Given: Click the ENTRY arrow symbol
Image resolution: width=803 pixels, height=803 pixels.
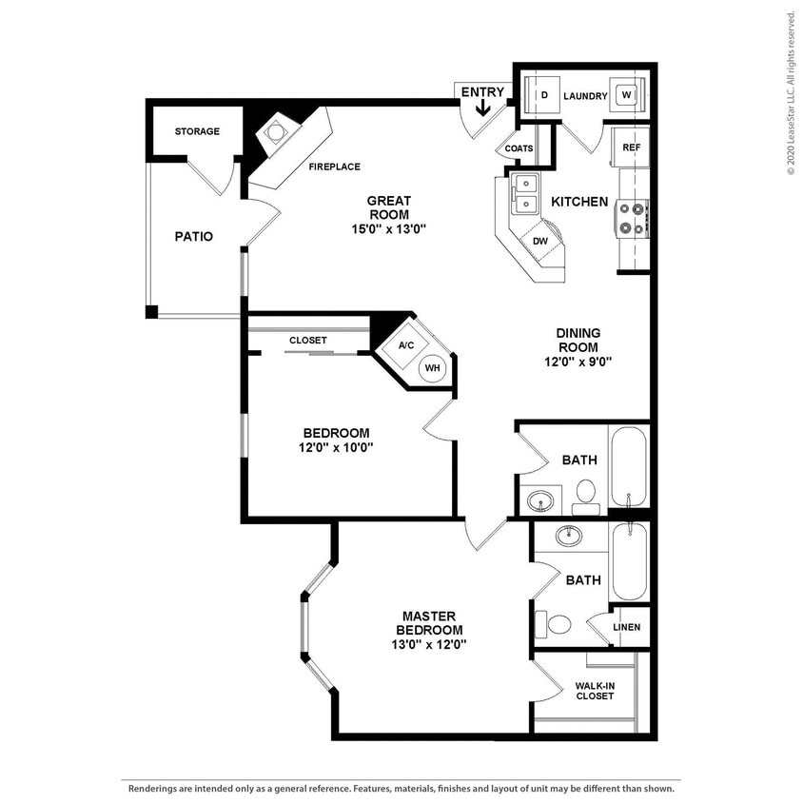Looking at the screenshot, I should pos(482,108).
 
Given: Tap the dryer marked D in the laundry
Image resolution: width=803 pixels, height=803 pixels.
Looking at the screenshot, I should pos(544,96).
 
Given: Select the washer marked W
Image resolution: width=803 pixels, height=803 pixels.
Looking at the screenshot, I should pos(626,96).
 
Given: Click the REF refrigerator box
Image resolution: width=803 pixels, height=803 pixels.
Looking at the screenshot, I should pos(630,147).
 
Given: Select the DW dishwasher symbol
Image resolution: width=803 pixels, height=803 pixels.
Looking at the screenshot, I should pos(539,241).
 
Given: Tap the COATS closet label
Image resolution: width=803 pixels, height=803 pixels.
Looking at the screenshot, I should pos(519,148).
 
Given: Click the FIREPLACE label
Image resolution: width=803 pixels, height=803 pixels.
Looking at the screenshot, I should pos(334,166).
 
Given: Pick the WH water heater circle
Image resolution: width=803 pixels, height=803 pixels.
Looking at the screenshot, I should pos(432,368).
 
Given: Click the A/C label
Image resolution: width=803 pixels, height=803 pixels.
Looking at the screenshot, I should pos(405,344).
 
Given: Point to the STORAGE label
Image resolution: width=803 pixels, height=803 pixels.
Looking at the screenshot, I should pos(197,131).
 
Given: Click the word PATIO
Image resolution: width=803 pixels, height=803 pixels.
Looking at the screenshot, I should pos(193,236).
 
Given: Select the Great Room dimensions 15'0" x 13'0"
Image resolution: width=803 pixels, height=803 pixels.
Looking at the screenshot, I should pos(389,228).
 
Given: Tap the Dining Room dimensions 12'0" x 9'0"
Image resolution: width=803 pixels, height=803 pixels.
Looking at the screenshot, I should pos(578,361).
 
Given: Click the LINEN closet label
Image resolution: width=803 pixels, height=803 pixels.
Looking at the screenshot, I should pos(626,628).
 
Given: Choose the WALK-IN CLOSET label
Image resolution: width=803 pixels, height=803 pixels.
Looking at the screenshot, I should pos(595,690).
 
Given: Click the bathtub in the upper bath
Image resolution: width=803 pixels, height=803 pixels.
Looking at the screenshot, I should pos(629,466).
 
